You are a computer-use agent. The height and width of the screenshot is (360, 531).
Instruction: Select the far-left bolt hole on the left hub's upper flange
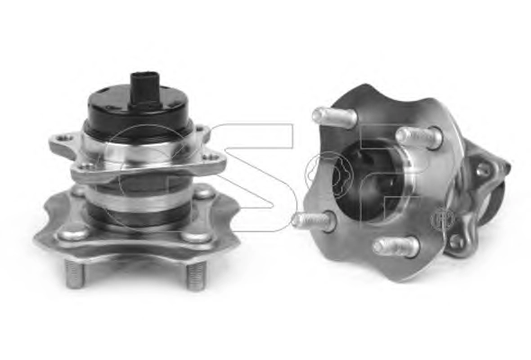tap(64, 138)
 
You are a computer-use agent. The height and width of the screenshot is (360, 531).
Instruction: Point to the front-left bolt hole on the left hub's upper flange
tap(86, 166)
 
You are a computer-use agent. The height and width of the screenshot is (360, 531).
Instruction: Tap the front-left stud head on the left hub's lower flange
tap(74, 234)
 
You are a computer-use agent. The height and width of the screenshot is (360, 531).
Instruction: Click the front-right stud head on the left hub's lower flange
tap(196, 236)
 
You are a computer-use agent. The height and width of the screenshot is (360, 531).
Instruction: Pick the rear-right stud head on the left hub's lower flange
tap(202, 193)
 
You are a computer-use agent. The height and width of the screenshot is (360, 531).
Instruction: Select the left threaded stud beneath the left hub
tap(74, 274)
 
